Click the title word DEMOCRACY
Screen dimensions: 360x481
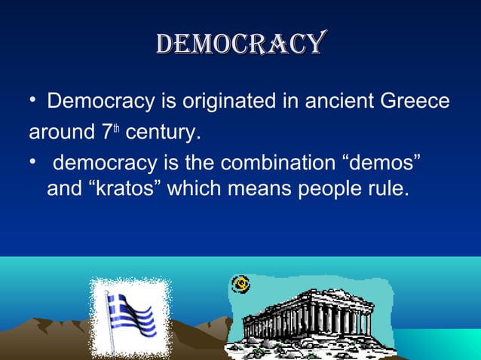click(240, 44)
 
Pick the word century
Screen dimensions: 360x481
click(163, 135)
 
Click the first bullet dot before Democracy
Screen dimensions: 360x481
click(33, 101)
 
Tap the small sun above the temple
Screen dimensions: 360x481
click(240, 284)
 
